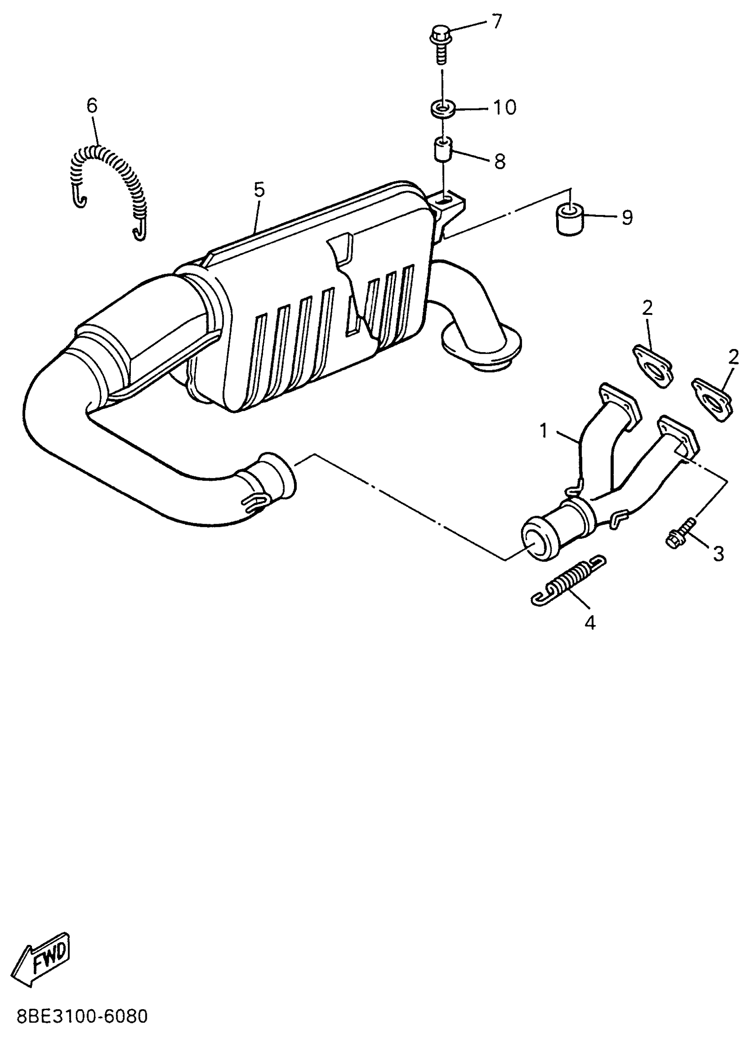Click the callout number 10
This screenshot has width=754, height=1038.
504,108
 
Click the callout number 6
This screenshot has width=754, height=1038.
92,106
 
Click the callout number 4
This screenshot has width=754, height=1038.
591,623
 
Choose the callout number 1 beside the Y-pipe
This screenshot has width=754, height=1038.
544,431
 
